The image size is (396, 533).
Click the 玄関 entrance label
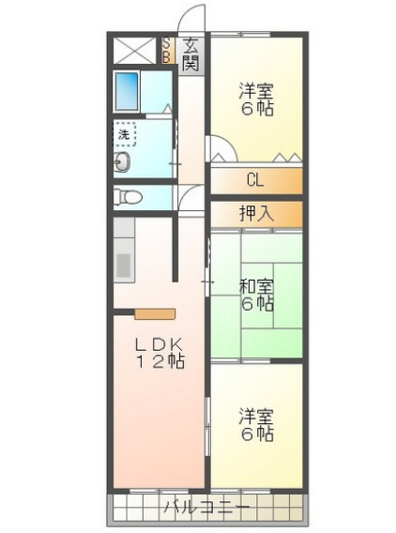click(x=190, y=54)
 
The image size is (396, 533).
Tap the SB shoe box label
click(x=167, y=49)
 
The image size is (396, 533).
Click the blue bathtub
click(x=127, y=90)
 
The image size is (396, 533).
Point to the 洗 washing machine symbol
click(x=125, y=134)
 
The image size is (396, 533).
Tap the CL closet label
click(x=255, y=180)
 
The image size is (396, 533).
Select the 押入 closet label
click(x=255, y=214)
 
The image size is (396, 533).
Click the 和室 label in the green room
click(x=255, y=285)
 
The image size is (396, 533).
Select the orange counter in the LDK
click(x=154, y=313)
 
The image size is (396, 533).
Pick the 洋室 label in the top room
click(x=255, y=91)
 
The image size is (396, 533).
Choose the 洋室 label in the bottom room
click(x=255, y=416)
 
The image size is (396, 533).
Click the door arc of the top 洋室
click(x=221, y=148)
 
